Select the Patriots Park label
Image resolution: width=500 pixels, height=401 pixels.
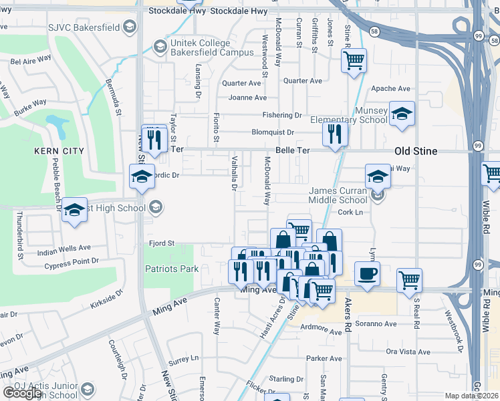click(x=172, y=269)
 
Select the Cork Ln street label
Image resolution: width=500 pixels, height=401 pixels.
click(x=350, y=213)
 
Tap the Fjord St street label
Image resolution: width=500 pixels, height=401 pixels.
click(x=161, y=244)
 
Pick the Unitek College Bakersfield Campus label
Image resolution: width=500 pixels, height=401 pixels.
click(x=211, y=47)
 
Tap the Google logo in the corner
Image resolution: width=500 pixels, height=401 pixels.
click(x=22, y=393)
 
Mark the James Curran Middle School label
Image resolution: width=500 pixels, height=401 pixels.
click(x=338, y=195)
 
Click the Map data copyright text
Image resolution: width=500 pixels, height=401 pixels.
click(x=472, y=396)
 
